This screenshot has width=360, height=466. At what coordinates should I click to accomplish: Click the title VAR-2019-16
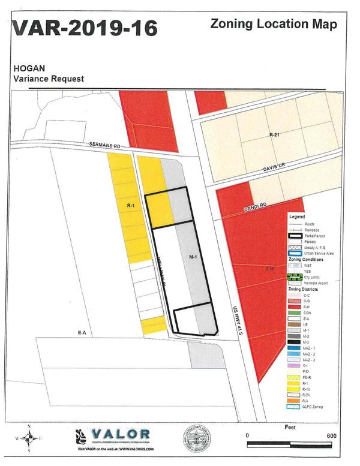coord(84,28)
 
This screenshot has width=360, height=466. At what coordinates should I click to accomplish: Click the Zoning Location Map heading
coord(273,25)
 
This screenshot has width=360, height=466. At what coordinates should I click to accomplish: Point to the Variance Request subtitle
coord(49,79)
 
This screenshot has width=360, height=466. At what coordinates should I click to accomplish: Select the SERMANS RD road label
coord(105,146)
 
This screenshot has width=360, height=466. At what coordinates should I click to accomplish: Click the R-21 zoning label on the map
coord(275,135)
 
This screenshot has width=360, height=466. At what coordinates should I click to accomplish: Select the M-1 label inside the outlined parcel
coord(193,257)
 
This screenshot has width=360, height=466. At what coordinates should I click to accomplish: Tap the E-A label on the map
coord(82,332)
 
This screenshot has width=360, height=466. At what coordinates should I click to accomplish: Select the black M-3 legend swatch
coord(295,342)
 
